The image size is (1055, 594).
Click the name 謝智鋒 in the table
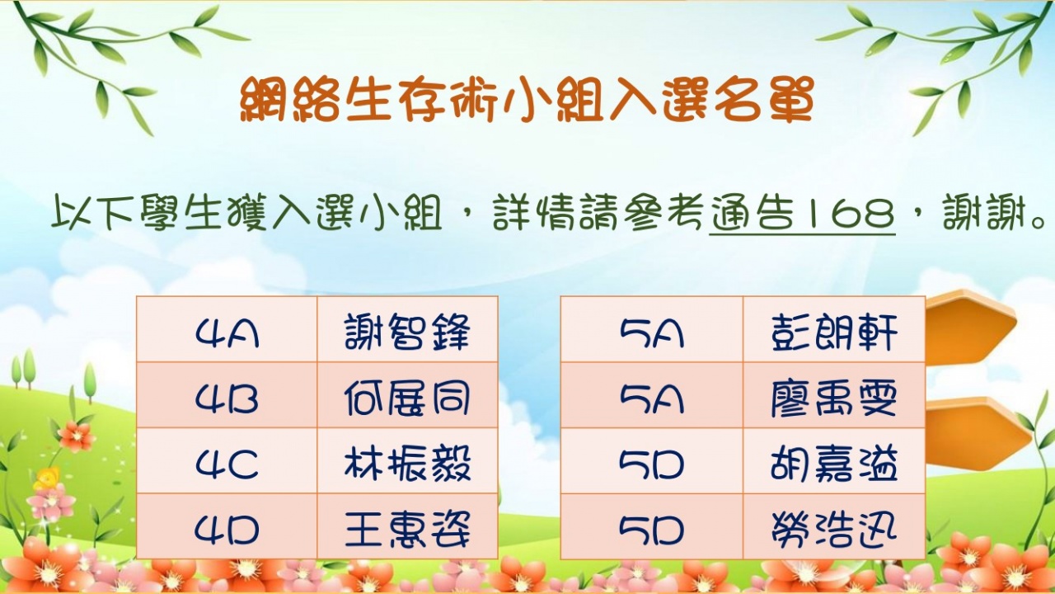407,332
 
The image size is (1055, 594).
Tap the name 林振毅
407,464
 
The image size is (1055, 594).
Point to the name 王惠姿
407,530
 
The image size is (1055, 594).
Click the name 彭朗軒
834,332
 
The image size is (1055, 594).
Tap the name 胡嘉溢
834,464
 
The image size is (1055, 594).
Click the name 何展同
407,398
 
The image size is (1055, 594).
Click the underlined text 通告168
802,214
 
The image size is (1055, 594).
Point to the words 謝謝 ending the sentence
985,214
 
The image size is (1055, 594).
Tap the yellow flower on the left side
47,478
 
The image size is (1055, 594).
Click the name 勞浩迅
834,530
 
